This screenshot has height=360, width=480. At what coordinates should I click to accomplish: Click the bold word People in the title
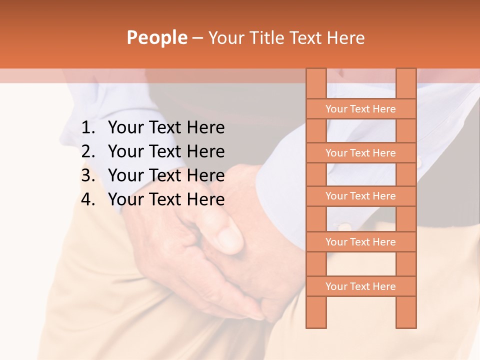156,38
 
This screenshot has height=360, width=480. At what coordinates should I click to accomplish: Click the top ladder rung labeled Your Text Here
360,109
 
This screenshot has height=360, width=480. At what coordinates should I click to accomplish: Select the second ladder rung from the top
360,153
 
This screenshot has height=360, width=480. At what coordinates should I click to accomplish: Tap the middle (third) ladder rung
360,196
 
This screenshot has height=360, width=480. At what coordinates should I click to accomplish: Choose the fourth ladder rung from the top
360,242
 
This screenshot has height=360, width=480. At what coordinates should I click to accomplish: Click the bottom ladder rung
360,286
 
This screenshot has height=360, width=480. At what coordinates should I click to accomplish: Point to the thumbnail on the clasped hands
230,239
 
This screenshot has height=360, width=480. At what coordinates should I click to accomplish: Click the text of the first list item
166,128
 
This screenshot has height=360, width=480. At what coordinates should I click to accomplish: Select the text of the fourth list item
166,199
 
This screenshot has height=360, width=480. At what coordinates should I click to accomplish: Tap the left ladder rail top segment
316,83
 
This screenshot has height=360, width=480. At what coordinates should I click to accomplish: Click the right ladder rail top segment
406,83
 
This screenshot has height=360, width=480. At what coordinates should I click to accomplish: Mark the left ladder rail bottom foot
316,312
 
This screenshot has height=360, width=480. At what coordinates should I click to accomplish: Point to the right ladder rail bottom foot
406,312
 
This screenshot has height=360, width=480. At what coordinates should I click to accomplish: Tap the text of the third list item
166,175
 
